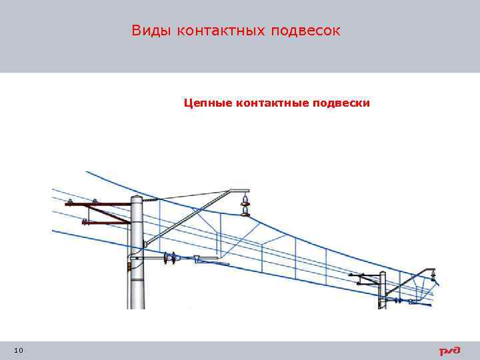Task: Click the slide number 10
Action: point(18,351)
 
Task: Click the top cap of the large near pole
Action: point(137,198)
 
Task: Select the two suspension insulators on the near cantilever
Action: point(246,205)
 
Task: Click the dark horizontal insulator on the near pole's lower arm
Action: point(173,258)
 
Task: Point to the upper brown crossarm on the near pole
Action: point(100,204)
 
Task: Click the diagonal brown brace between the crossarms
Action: point(107,213)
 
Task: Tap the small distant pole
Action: point(382,290)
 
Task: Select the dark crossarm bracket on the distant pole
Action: point(364,275)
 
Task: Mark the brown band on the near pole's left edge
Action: point(128,267)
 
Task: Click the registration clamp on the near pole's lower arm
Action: point(199,260)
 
